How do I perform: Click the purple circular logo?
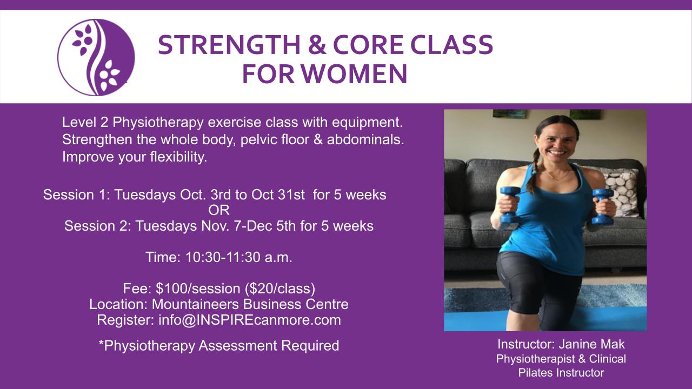(96, 57)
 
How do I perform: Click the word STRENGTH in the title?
(229, 45)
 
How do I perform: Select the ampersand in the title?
(317, 45)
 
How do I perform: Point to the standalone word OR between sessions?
(219, 211)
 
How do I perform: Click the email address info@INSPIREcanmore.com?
(250, 320)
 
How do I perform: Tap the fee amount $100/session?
(198, 289)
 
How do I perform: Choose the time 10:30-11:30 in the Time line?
(223, 257)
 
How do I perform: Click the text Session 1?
(77, 195)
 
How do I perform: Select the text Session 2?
(98, 226)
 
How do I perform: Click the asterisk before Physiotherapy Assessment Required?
(101, 343)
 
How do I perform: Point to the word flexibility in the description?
(178, 157)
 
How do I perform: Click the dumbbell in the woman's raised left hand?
(602, 206)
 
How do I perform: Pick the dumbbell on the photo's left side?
(509, 205)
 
